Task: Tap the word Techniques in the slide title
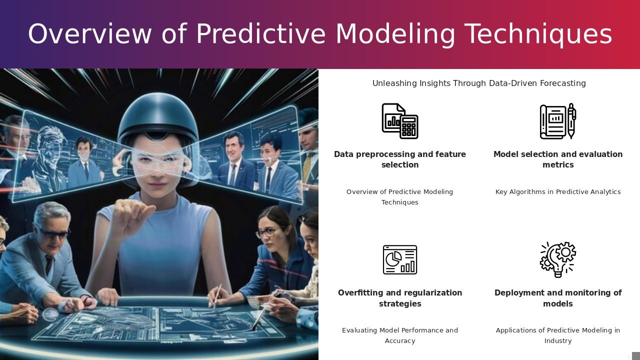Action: tap(538, 34)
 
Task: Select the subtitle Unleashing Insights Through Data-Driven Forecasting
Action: tap(479, 83)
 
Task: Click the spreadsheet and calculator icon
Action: tap(400, 121)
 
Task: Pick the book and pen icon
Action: tap(558, 121)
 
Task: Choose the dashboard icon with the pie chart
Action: tap(400, 259)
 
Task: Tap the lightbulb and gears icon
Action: tap(558, 259)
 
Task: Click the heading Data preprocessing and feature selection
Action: tap(400, 159)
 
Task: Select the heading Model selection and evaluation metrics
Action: tap(558, 159)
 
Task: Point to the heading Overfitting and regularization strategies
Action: tap(400, 298)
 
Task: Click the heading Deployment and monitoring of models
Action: tap(558, 298)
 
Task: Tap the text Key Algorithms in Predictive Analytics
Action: tap(558, 191)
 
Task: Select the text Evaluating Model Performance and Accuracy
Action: tap(400, 335)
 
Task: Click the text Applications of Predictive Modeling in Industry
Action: tap(558, 335)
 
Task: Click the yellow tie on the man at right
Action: tap(307, 166)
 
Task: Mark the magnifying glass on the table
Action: tap(51, 314)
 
